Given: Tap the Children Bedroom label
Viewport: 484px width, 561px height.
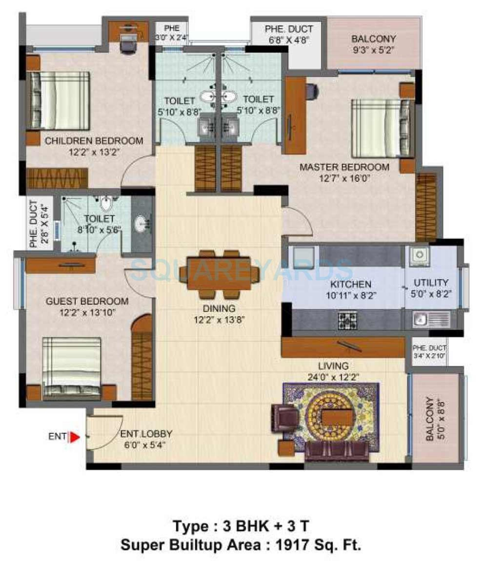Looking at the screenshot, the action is (x=94, y=141).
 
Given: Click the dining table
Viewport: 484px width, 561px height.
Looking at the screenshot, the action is (x=219, y=273).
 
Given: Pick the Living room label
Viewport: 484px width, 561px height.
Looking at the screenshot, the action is (x=333, y=366).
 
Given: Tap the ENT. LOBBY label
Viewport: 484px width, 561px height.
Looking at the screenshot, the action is (x=146, y=434).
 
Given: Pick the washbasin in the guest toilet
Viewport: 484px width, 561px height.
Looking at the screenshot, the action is (x=141, y=224).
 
